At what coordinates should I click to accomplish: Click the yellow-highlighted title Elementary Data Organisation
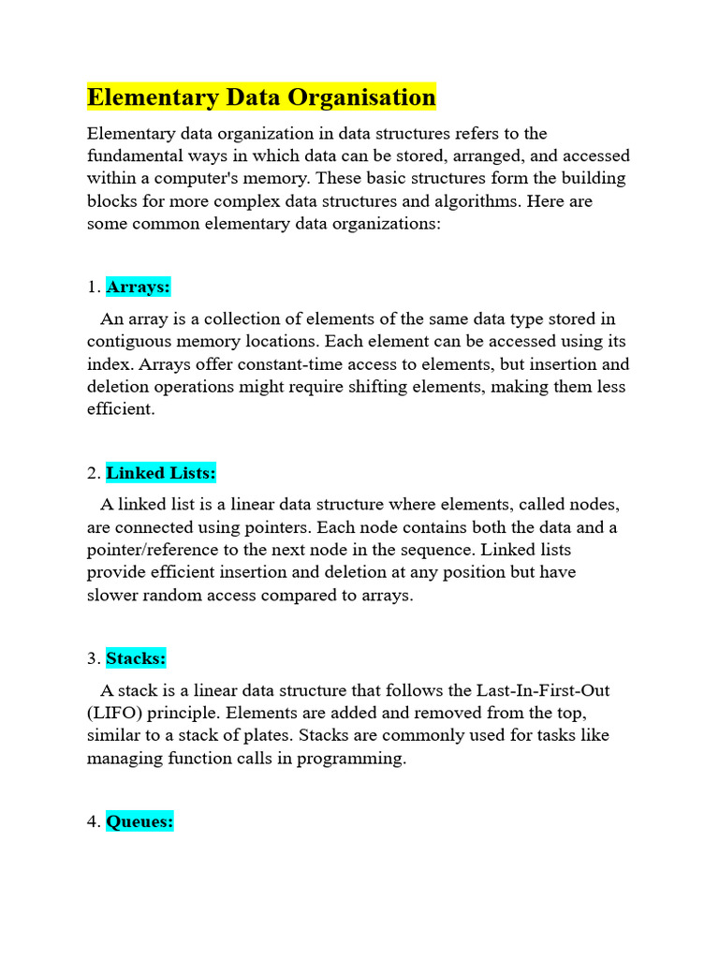click(261, 97)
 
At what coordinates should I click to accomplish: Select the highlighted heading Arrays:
click(139, 287)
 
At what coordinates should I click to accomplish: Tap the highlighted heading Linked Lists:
click(161, 473)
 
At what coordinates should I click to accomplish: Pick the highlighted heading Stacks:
click(136, 658)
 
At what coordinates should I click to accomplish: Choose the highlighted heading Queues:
click(139, 822)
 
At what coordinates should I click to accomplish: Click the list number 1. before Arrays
click(94, 287)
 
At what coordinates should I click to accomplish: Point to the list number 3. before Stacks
click(94, 658)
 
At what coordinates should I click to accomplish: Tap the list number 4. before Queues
click(94, 822)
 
